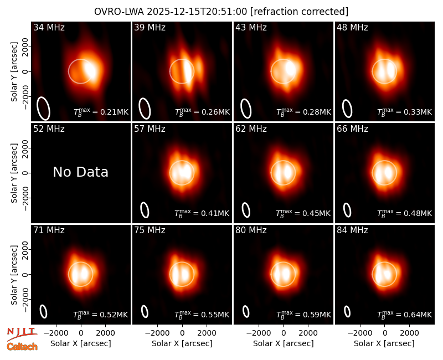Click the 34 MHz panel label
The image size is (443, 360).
[49, 27]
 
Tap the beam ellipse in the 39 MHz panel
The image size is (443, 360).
[145, 109]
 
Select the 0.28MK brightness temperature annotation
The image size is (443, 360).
[303, 112]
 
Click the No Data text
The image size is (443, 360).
[80, 172]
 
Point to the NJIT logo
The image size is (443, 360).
[22, 334]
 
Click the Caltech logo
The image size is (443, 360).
[22, 347]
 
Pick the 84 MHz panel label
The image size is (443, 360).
[352, 230]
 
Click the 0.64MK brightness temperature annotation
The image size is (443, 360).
[405, 315]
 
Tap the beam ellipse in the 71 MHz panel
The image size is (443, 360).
[43, 312]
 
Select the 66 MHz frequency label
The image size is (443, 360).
[352, 129]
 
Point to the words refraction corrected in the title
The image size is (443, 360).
[300, 12]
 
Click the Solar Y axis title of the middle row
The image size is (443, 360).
[14, 173]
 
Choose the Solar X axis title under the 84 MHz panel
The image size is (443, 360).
[384, 343]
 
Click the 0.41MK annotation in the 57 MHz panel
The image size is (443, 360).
[202, 213]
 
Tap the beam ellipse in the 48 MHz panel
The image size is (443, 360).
[347, 109]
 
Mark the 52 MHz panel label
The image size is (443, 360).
[49, 129]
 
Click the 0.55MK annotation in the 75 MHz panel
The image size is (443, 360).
[202, 315]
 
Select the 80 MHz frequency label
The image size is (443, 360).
[251, 230]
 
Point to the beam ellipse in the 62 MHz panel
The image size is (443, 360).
[246, 210]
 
